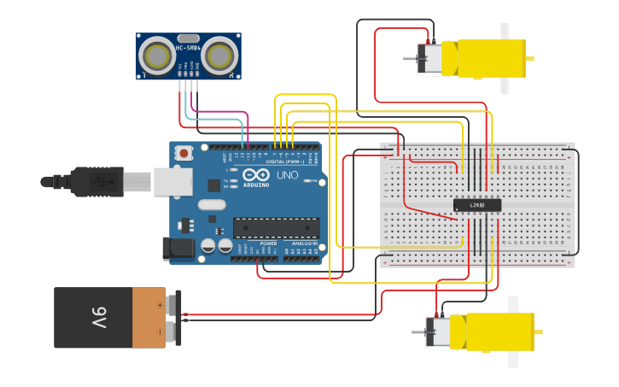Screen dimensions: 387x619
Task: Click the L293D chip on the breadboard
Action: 476,205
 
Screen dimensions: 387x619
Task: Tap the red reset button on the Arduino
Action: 182,153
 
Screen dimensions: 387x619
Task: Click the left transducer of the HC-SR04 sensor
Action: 157,56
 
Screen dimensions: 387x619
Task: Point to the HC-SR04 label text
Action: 189,48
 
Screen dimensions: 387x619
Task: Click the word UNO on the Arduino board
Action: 288,174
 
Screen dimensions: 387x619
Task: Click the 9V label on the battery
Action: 96,318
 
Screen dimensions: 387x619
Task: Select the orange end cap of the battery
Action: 149,318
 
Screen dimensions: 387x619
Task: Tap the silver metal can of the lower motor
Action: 439,331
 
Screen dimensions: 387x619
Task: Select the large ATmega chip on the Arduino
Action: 277,227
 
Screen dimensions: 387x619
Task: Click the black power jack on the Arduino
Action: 179,248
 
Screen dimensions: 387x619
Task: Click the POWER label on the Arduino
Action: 268,243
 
